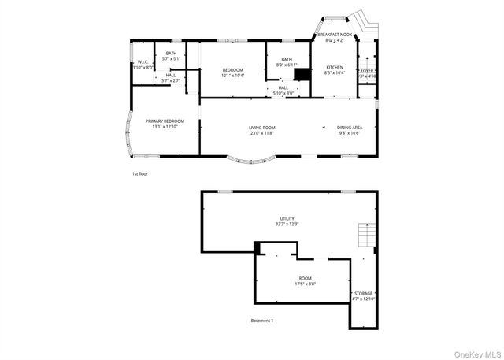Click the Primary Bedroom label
point(165,123)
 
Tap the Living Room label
point(262,130)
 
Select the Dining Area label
point(349,130)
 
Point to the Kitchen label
point(335,69)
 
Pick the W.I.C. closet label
point(143,65)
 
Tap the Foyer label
point(367,72)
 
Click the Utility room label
point(287,221)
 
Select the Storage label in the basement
point(363,295)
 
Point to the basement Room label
point(305,281)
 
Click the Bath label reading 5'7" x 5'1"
point(171,56)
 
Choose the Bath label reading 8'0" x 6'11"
point(287,61)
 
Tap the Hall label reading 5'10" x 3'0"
point(283,90)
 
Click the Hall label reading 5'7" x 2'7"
point(171,77)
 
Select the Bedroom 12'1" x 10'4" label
point(232,72)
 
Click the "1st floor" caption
point(139,173)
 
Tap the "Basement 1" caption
point(262,321)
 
